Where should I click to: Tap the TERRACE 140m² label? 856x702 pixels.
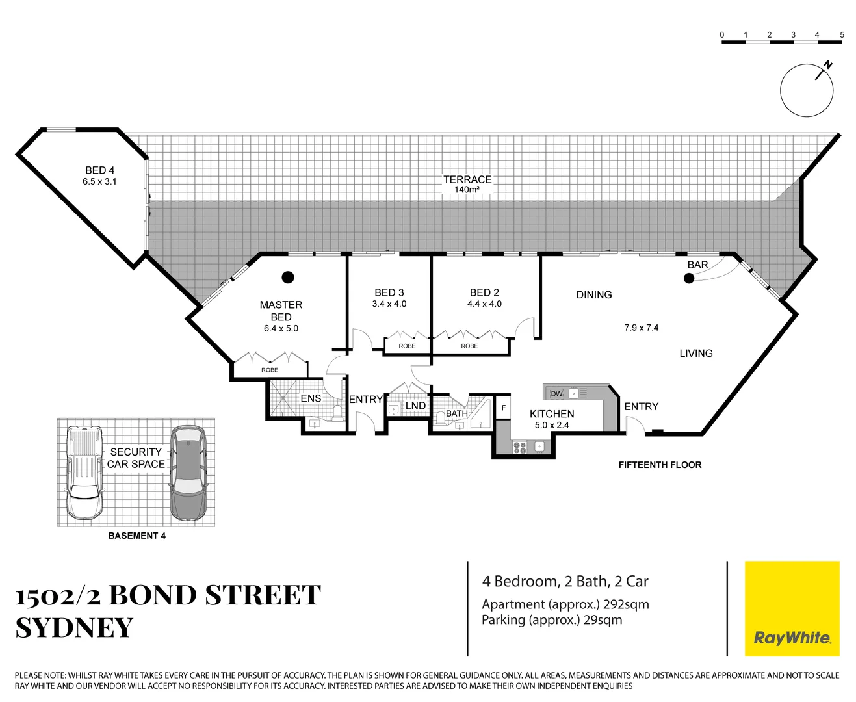tap(467, 184)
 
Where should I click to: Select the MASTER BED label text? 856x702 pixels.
tap(281, 311)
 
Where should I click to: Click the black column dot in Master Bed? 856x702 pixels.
tap(288, 278)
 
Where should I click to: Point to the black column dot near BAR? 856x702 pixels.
tap(688, 279)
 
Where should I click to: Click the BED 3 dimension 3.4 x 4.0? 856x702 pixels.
tap(389, 304)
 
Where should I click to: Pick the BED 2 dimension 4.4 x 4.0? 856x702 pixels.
tap(484, 304)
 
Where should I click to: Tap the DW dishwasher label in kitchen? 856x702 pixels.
tap(556, 394)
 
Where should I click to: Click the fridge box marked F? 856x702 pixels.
tap(503, 408)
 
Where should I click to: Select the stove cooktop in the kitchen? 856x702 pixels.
tap(520, 447)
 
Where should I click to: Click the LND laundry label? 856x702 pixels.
tap(415, 406)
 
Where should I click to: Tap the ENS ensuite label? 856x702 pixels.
tap(311, 398)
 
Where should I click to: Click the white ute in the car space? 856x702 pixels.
tap(84, 473)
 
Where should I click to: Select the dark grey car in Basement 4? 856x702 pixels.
tap(187, 473)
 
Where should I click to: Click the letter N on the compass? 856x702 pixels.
tap(828, 64)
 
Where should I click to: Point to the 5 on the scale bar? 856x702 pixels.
tap(842, 35)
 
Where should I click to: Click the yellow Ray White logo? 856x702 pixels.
tap(792, 608)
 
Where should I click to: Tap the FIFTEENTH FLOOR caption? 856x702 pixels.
tap(660, 465)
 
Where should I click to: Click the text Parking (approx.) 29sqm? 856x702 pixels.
tap(552, 620)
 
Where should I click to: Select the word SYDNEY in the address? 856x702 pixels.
tap(74, 628)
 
